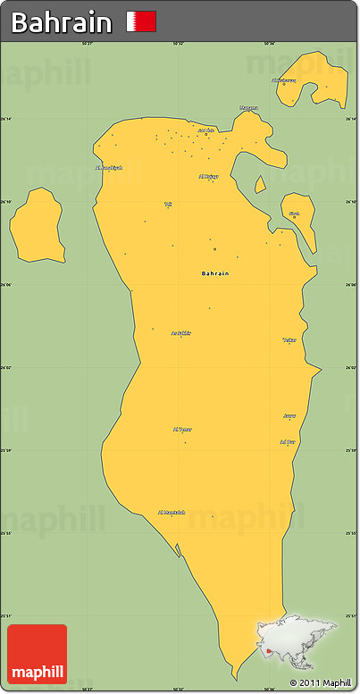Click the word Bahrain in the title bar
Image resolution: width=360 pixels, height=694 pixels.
62,22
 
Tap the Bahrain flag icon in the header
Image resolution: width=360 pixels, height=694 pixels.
141,21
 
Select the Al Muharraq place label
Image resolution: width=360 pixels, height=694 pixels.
283,80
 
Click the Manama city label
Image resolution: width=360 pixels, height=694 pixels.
248,108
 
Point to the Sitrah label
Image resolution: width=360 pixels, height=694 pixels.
294,213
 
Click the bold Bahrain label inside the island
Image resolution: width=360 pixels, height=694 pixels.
215,272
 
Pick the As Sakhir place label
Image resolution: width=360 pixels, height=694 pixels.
180,333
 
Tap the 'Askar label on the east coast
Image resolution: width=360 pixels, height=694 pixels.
289,340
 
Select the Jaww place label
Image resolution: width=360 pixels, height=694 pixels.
289,415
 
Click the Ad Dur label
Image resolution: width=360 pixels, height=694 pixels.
287,441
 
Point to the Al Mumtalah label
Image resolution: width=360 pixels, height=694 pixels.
172,512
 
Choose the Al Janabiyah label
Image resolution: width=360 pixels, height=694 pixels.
108,167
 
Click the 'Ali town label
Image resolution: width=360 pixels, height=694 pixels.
167,205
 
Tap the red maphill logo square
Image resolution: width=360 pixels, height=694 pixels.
37,654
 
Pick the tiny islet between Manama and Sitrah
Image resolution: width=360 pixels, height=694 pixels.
260,185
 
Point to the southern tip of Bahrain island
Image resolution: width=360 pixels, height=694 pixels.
234,672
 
